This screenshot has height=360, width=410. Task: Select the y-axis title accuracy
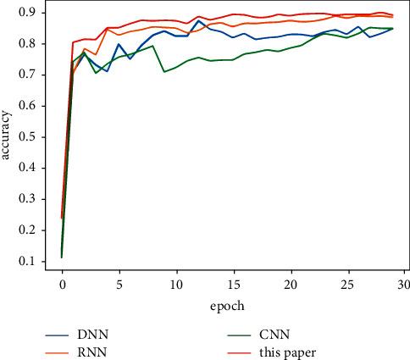coord(8,136)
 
